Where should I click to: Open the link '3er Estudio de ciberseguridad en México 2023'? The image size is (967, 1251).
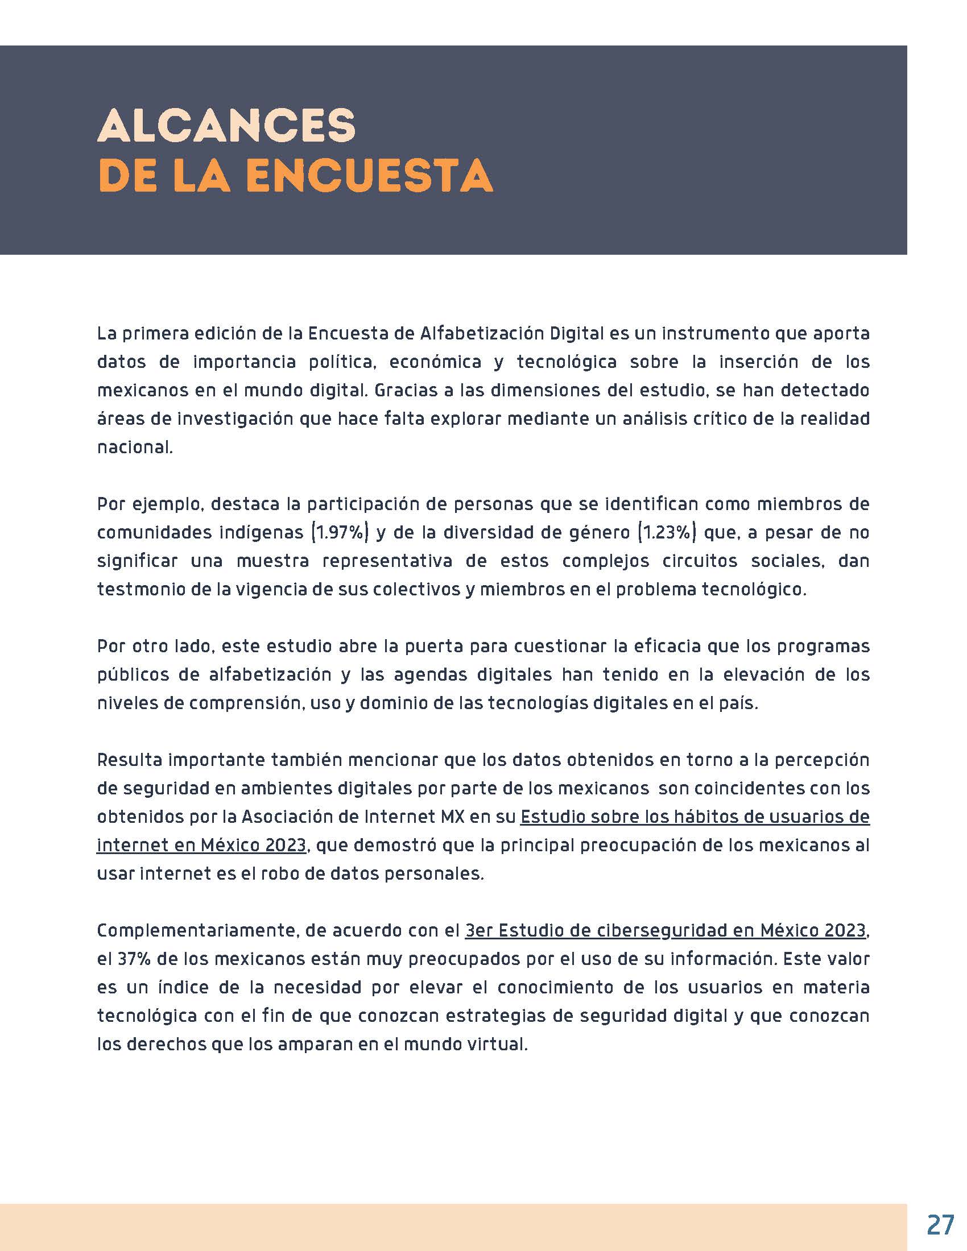664,931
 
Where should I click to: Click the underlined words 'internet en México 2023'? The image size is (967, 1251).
201,846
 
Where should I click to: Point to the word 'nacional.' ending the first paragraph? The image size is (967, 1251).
135,448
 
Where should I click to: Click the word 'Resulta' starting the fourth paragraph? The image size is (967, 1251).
130,760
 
